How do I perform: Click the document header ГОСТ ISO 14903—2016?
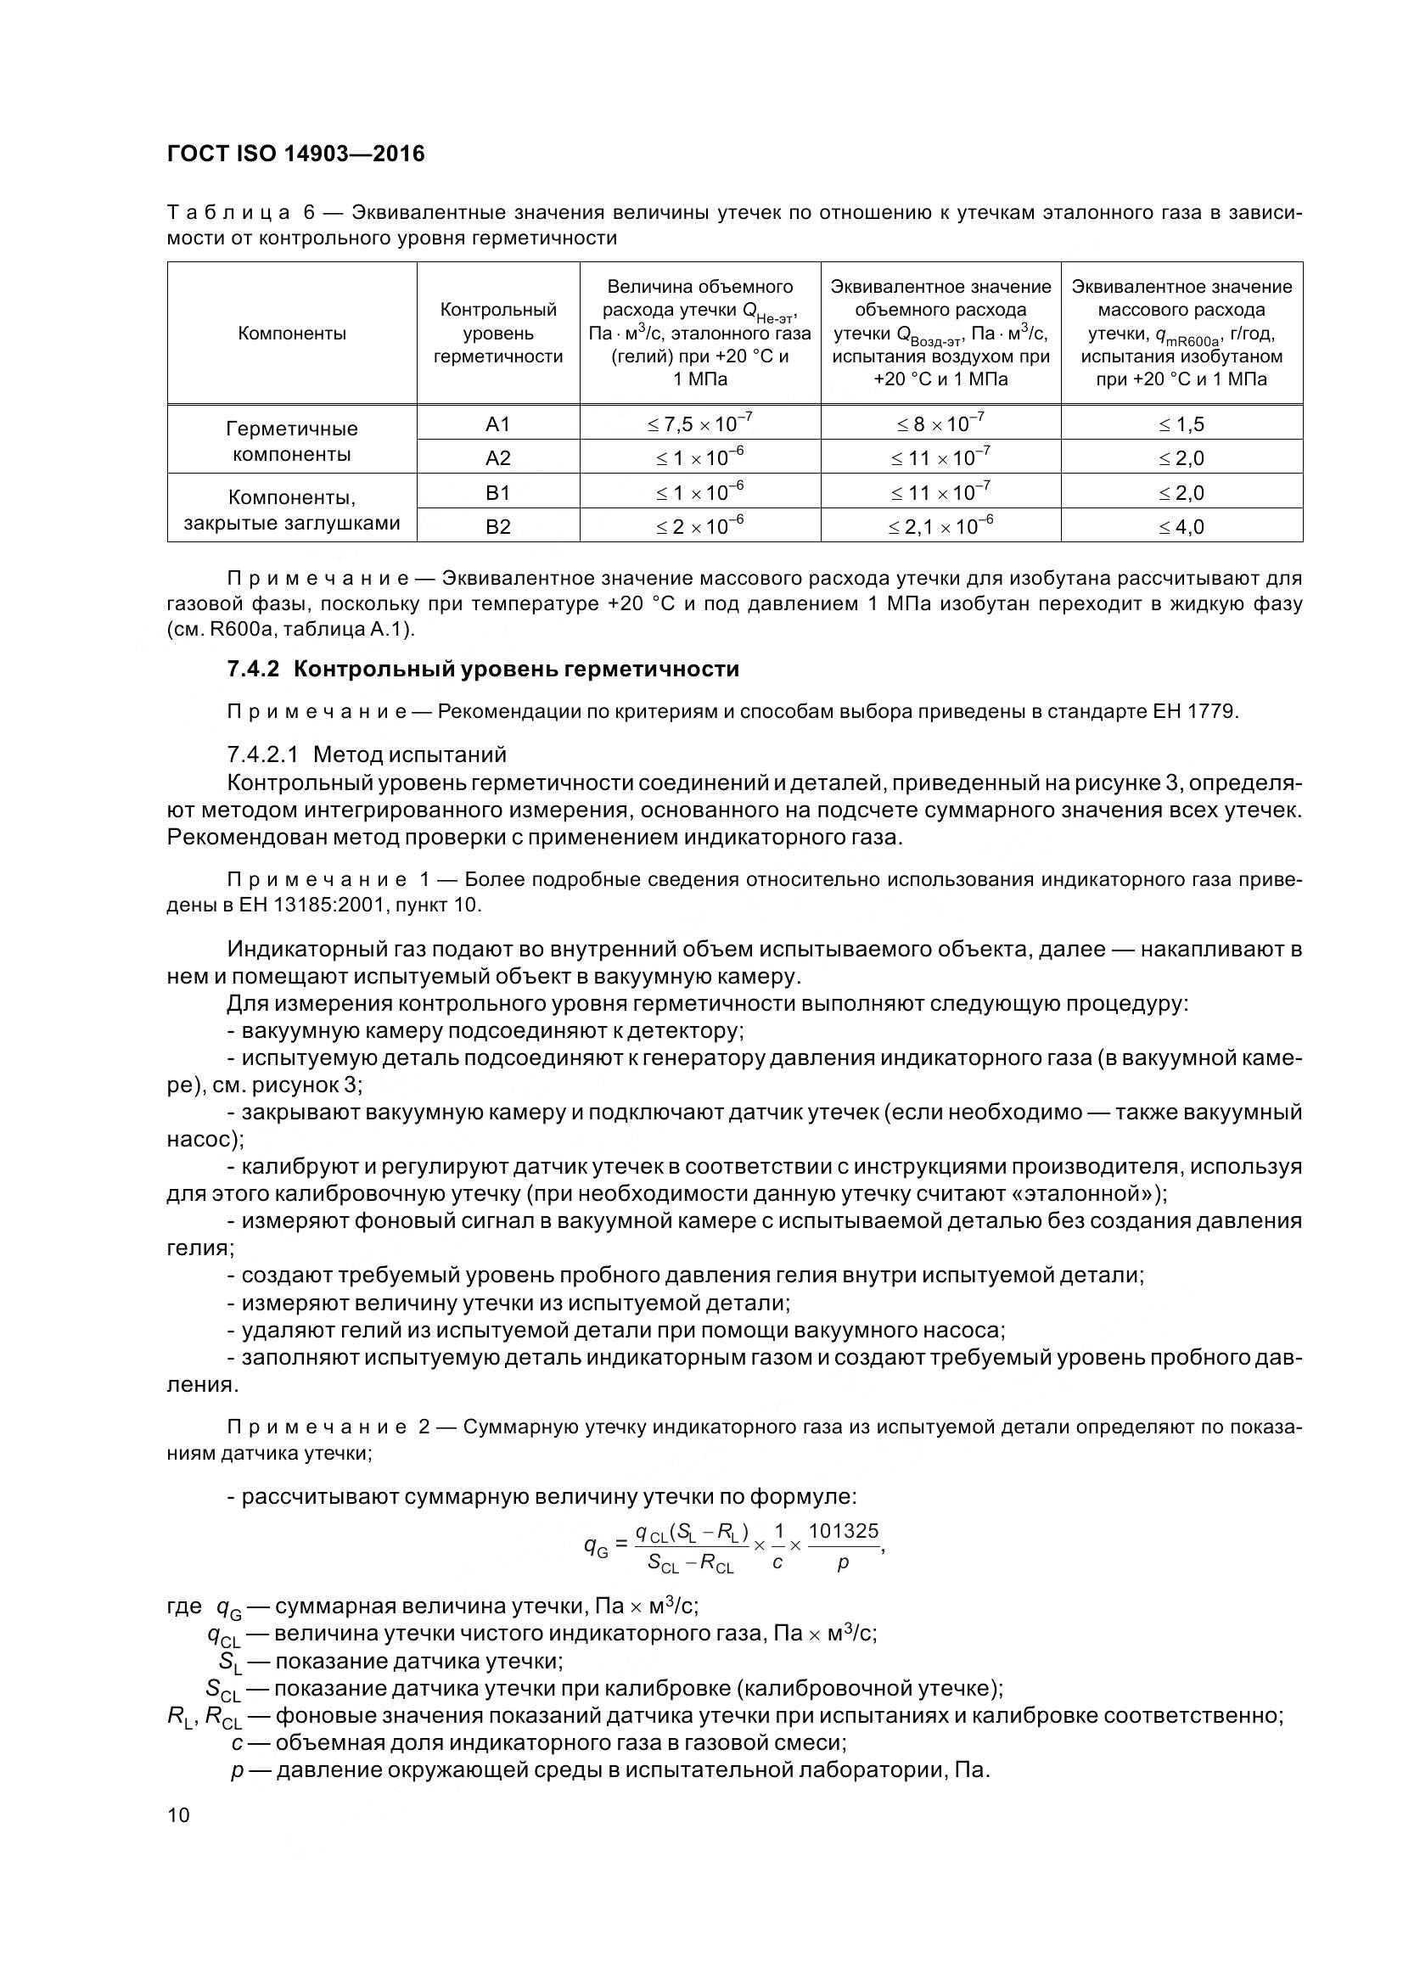[295, 154]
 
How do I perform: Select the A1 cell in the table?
[498, 423]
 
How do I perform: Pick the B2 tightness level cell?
[498, 526]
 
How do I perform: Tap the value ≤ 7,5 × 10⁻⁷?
[699, 423]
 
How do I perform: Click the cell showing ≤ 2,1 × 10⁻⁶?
[940, 525]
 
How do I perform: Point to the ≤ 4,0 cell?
[1181, 526]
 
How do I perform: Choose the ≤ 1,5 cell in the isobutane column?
[1181, 423]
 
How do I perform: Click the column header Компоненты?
[291, 334]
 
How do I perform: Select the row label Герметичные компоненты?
[291, 441]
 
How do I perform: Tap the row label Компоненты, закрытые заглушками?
[291, 509]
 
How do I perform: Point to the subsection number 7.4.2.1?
[263, 754]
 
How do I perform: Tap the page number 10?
[178, 1814]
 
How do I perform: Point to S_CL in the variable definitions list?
[223, 1690]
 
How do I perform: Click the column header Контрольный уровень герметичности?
[498, 333]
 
